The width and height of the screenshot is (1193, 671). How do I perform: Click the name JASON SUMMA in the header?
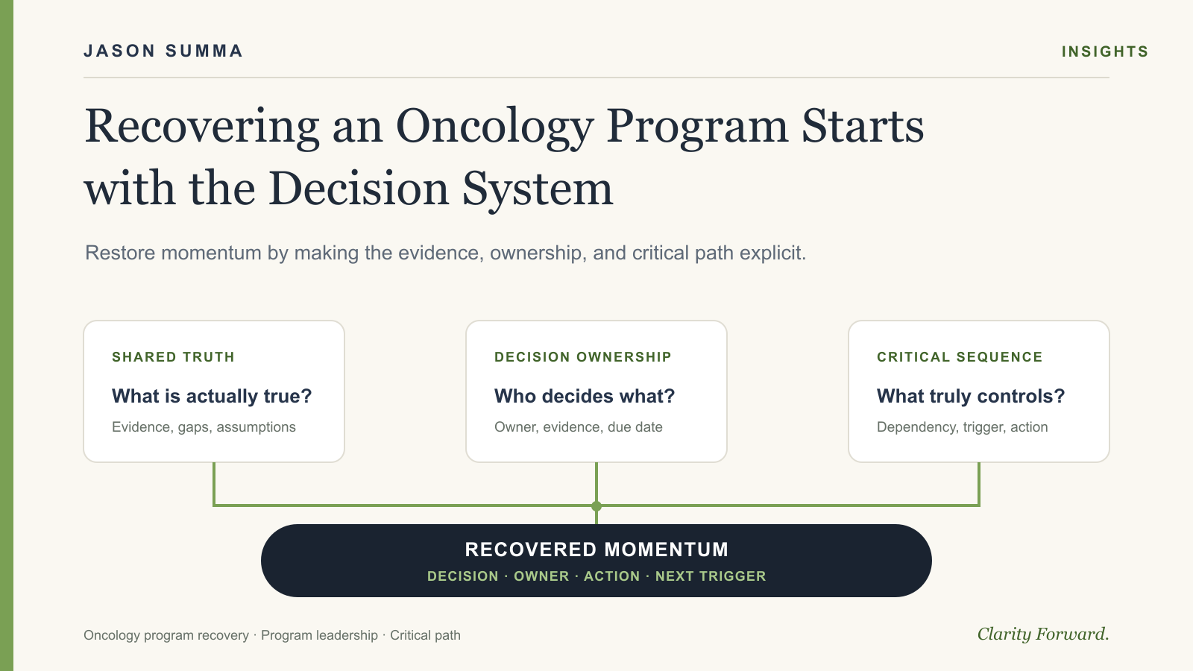[x=163, y=51]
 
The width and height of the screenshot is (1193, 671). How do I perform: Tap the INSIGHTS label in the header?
[x=1105, y=51]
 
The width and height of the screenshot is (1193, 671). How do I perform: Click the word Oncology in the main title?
[x=495, y=127]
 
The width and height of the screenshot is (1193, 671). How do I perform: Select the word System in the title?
[x=538, y=189]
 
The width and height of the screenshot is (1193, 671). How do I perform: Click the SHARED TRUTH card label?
[x=173, y=357]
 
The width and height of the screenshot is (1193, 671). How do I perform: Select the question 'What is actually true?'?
[x=212, y=396]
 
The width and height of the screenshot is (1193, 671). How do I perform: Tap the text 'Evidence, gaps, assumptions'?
[x=204, y=427]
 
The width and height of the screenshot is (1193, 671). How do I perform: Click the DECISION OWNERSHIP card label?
[x=582, y=357]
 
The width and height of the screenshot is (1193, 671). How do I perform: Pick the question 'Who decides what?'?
[x=585, y=396]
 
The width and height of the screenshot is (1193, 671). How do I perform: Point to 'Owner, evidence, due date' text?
[x=579, y=427]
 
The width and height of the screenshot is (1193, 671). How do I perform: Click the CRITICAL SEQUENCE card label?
[x=960, y=357]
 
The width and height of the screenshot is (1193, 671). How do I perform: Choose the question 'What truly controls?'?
[x=970, y=396]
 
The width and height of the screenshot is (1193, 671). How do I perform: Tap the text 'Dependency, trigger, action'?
[x=962, y=427]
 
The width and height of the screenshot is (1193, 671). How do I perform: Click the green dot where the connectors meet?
[x=596, y=506]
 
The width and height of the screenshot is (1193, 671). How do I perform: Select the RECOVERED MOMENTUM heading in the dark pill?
[x=596, y=549]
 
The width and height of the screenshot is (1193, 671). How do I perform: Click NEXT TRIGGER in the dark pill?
[x=711, y=576]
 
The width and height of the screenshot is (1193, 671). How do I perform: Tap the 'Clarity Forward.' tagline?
[x=1043, y=634]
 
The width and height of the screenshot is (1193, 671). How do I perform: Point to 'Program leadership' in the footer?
[x=320, y=635]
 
